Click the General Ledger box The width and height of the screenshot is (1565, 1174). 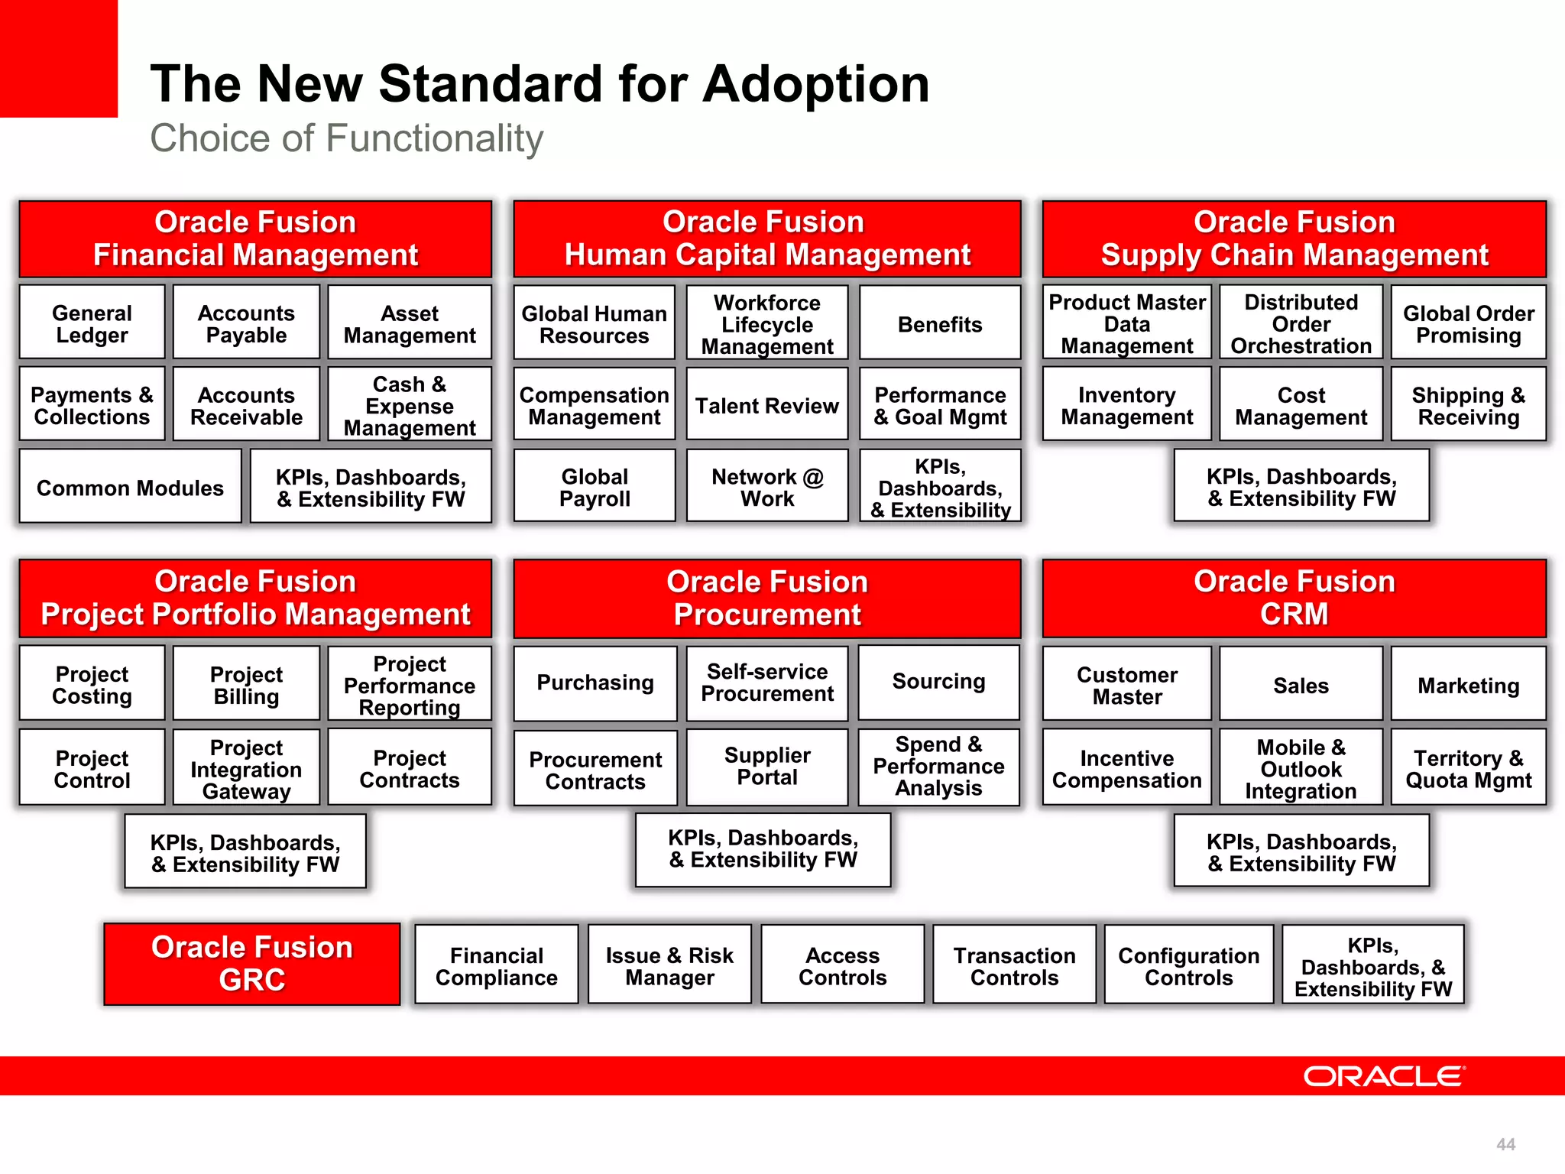point(92,324)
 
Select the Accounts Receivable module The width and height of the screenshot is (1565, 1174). point(246,406)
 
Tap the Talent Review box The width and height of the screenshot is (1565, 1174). point(766,406)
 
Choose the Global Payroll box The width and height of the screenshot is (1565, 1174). point(595,488)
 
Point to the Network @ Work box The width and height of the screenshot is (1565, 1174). point(766,488)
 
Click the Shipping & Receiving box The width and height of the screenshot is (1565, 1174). point(1468,406)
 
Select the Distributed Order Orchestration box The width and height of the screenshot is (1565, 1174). point(1301,324)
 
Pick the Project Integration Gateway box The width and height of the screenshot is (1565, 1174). point(246,769)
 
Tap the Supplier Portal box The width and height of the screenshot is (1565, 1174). point(766,767)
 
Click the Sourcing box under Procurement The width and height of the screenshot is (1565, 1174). point(938,682)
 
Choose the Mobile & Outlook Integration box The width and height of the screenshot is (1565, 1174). point(1301,769)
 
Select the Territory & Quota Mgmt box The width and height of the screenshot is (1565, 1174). point(1468,769)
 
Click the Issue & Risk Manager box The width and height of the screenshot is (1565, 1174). point(669,966)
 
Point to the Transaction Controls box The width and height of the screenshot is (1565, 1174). point(1014,966)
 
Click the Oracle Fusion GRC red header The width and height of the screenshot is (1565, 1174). point(252,964)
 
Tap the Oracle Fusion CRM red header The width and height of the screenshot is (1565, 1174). point(1294,598)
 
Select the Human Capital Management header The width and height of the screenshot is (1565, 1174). point(766,238)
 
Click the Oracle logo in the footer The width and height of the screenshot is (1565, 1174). point(1383,1076)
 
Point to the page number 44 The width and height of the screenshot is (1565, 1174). point(1505,1144)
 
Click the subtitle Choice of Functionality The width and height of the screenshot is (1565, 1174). point(346,139)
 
